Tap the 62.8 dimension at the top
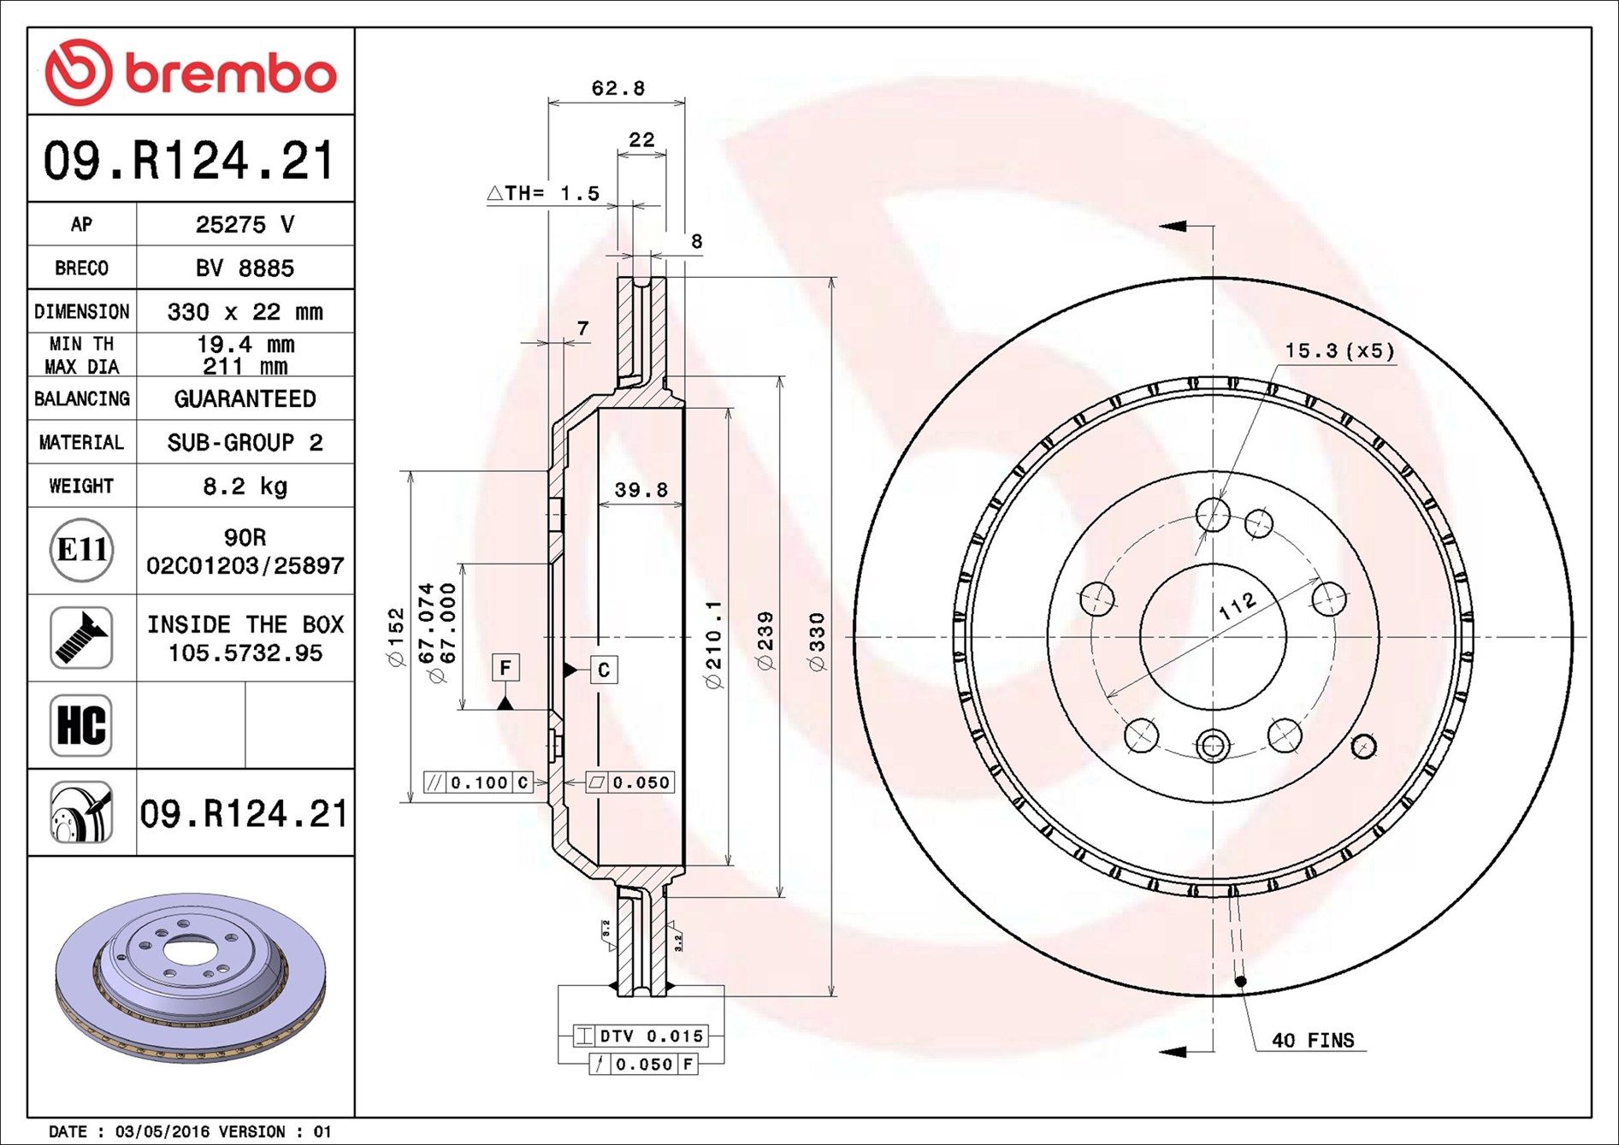pyautogui.click(x=617, y=88)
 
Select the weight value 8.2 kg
pyautogui.click(x=245, y=487)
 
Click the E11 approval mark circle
pyautogui.click(x=81, y=550)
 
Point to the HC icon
pyautogui.click(x=81, y=725)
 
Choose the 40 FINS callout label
pyautogui.click(x=1312, y=1041)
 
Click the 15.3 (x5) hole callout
pyautogui.click(x=1339, y=351)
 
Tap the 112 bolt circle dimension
pyautogui.click(x=1237, y=606)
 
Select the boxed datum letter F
pyautogui.click(x=505, y=668)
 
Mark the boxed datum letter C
pyautogui.click(x=604, y=670)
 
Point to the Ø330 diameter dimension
pyautogui.click(x=817, y=641)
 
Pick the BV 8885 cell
pyautogui.click(x=245, y=269)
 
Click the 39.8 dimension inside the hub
pyautogui.click(x=641, y=490)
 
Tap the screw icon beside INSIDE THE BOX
pyautogui.click(x=81, y=638)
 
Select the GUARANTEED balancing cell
pyautogui.click(x=245, y=399)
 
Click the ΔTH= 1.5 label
pyautogui.click(x=544, y=193)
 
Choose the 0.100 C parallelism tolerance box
pyautogui.click(x=479, y=782)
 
